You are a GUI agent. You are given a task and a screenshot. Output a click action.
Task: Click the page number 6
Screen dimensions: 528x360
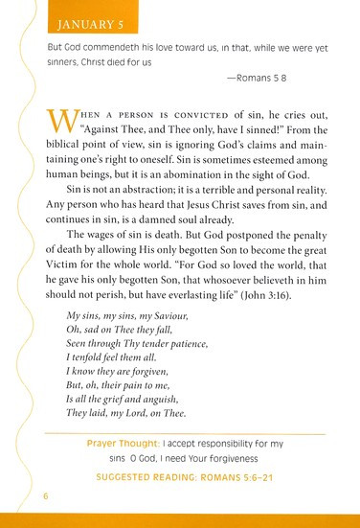[x=44, y=497]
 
